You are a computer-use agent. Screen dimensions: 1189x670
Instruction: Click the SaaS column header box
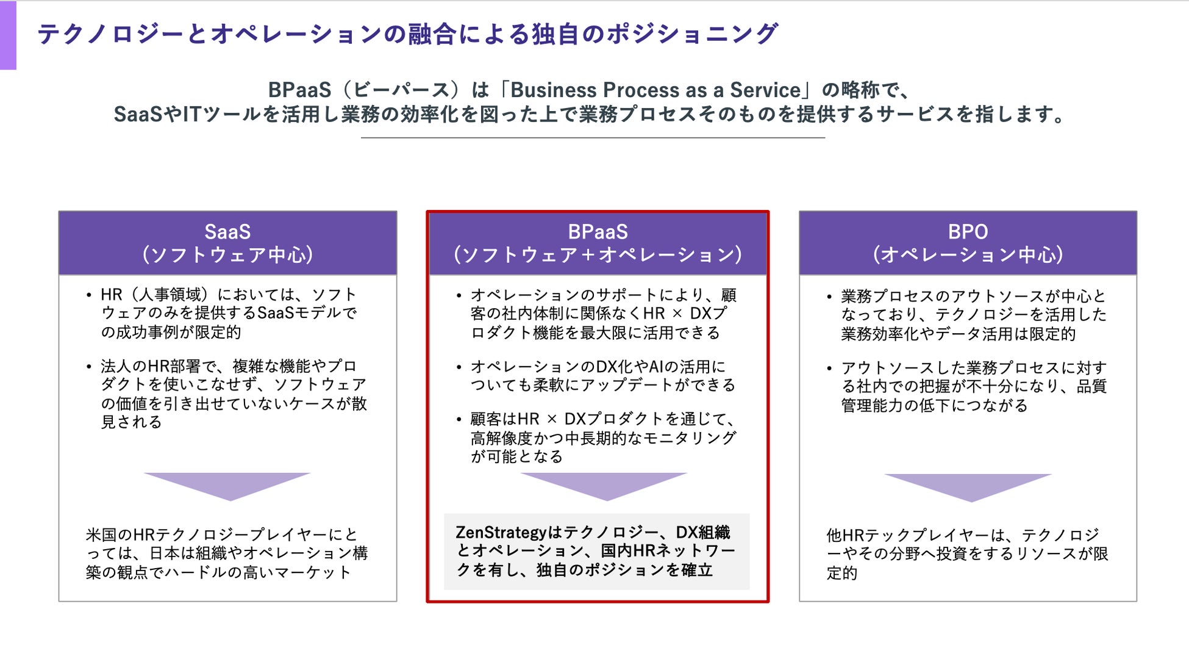click(227, 243)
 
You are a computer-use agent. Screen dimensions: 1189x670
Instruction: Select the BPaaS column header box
click(598, 243)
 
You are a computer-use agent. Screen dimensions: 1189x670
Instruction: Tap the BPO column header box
click(968, 243)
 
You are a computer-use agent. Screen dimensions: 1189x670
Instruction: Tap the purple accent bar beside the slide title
click(8, 35)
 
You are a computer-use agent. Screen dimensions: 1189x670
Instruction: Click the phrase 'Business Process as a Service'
click(655, 90)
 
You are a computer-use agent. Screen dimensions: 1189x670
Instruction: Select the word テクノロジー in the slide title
click(110, 34)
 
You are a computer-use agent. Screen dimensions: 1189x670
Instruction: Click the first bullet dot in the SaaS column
click(89, 296)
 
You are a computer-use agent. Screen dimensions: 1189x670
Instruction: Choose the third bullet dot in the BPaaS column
click(459, 420)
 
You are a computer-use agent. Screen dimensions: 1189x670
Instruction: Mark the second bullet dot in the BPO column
click(829, 369)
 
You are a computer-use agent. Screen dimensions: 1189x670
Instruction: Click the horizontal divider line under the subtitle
click(593, 138)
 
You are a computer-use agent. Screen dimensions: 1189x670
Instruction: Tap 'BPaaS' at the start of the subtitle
click(299, 90)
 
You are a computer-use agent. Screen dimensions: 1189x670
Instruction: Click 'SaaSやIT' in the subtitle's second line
click(157, 115)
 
